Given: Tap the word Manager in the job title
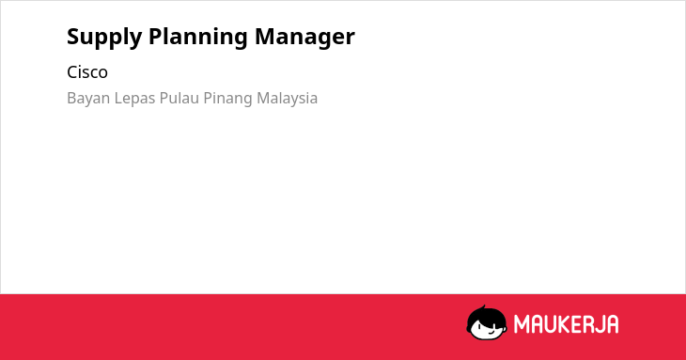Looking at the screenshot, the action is (304, 38).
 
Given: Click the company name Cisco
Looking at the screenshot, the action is (87, 72).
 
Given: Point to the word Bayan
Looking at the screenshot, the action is (88, 99).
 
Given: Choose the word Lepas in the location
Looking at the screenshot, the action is (134, 99).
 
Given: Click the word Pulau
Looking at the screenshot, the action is (179, 98).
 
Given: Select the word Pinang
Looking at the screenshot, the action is (227, 99).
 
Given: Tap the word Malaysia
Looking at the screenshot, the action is (287, 99).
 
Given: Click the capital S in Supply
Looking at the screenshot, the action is (72, 37).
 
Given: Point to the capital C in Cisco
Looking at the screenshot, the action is (72, 72).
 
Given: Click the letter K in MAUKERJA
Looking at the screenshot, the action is (560, 324).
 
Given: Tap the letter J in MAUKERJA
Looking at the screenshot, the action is (597, 324).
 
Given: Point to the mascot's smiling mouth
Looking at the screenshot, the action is (491, 332).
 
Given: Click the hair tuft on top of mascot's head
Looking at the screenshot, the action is (483, 307).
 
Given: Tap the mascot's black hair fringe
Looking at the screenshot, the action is (486, 318).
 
